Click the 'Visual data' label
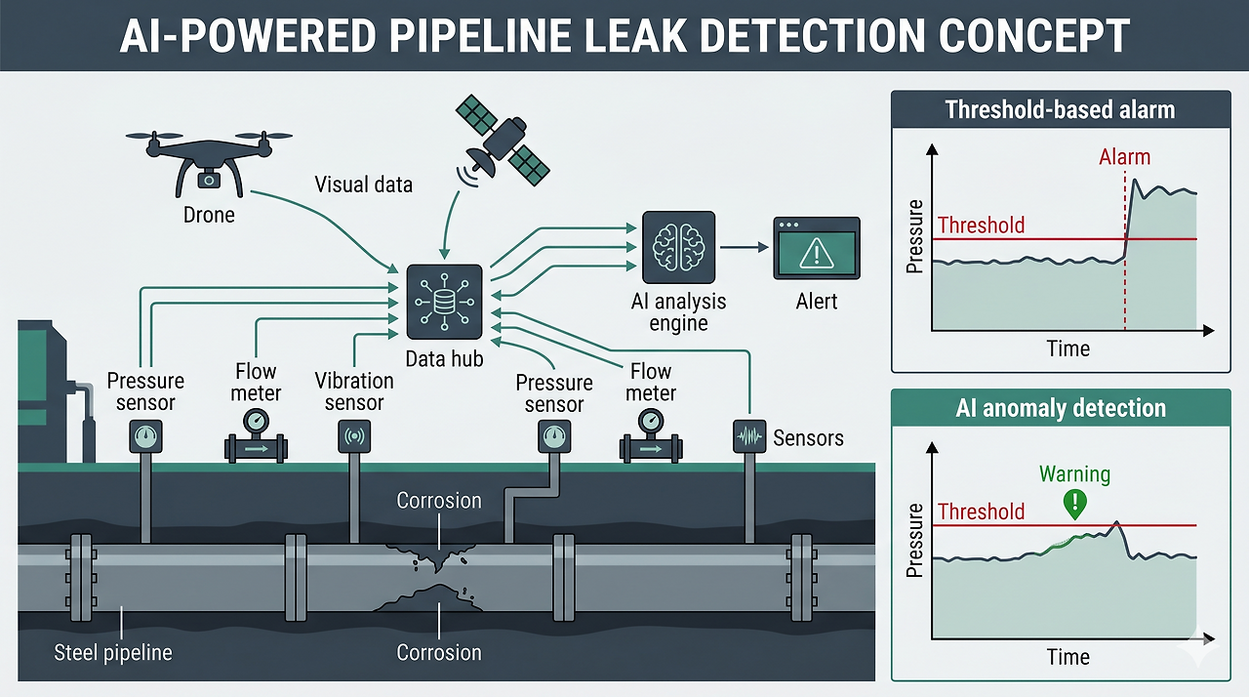[x=363, y=184]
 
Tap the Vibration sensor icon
[x=352, y=436]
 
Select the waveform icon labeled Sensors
[x=748, y=436]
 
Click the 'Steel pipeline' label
[x=113, y=652]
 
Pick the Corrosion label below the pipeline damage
[x=439, y=652]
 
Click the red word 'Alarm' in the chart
[x=1124, y=157]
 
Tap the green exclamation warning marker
[x=1074, y=504]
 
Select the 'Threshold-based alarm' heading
[x=1060, y=110]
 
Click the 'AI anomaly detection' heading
[x=1060, y=408]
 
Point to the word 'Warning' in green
[x=1074, y=474]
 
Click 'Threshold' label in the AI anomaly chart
[x=981, y=512]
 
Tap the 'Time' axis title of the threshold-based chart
[x=1068, y=348]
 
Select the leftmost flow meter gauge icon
[x=256, y=422]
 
